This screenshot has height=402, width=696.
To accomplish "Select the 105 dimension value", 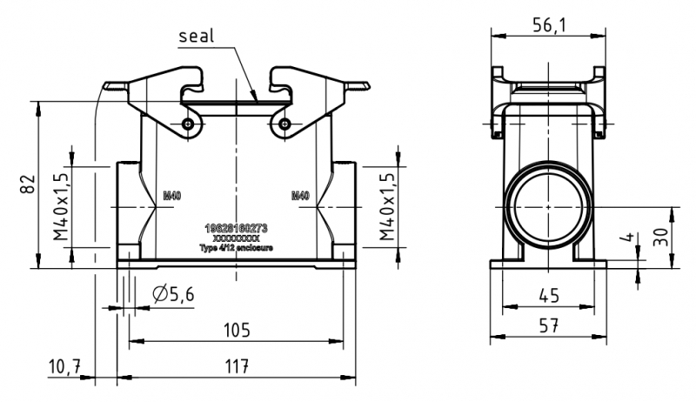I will tap(236, 330).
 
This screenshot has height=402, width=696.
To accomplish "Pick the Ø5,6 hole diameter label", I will tap(172, 295).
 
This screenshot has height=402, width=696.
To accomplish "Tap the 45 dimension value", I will tap(548, 297).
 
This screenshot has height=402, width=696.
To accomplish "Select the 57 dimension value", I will tap(548, 325).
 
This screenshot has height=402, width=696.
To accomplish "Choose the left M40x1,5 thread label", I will tap(61, 206).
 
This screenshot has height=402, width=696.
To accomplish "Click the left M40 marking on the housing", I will tap(172, 197).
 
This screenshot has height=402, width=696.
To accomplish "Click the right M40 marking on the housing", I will tap(299, 197).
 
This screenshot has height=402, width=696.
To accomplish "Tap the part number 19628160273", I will tap(236, 228).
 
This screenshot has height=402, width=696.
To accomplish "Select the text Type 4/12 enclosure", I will tap(236, 247).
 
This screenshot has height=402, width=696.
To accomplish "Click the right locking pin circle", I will tap(284, 125).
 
